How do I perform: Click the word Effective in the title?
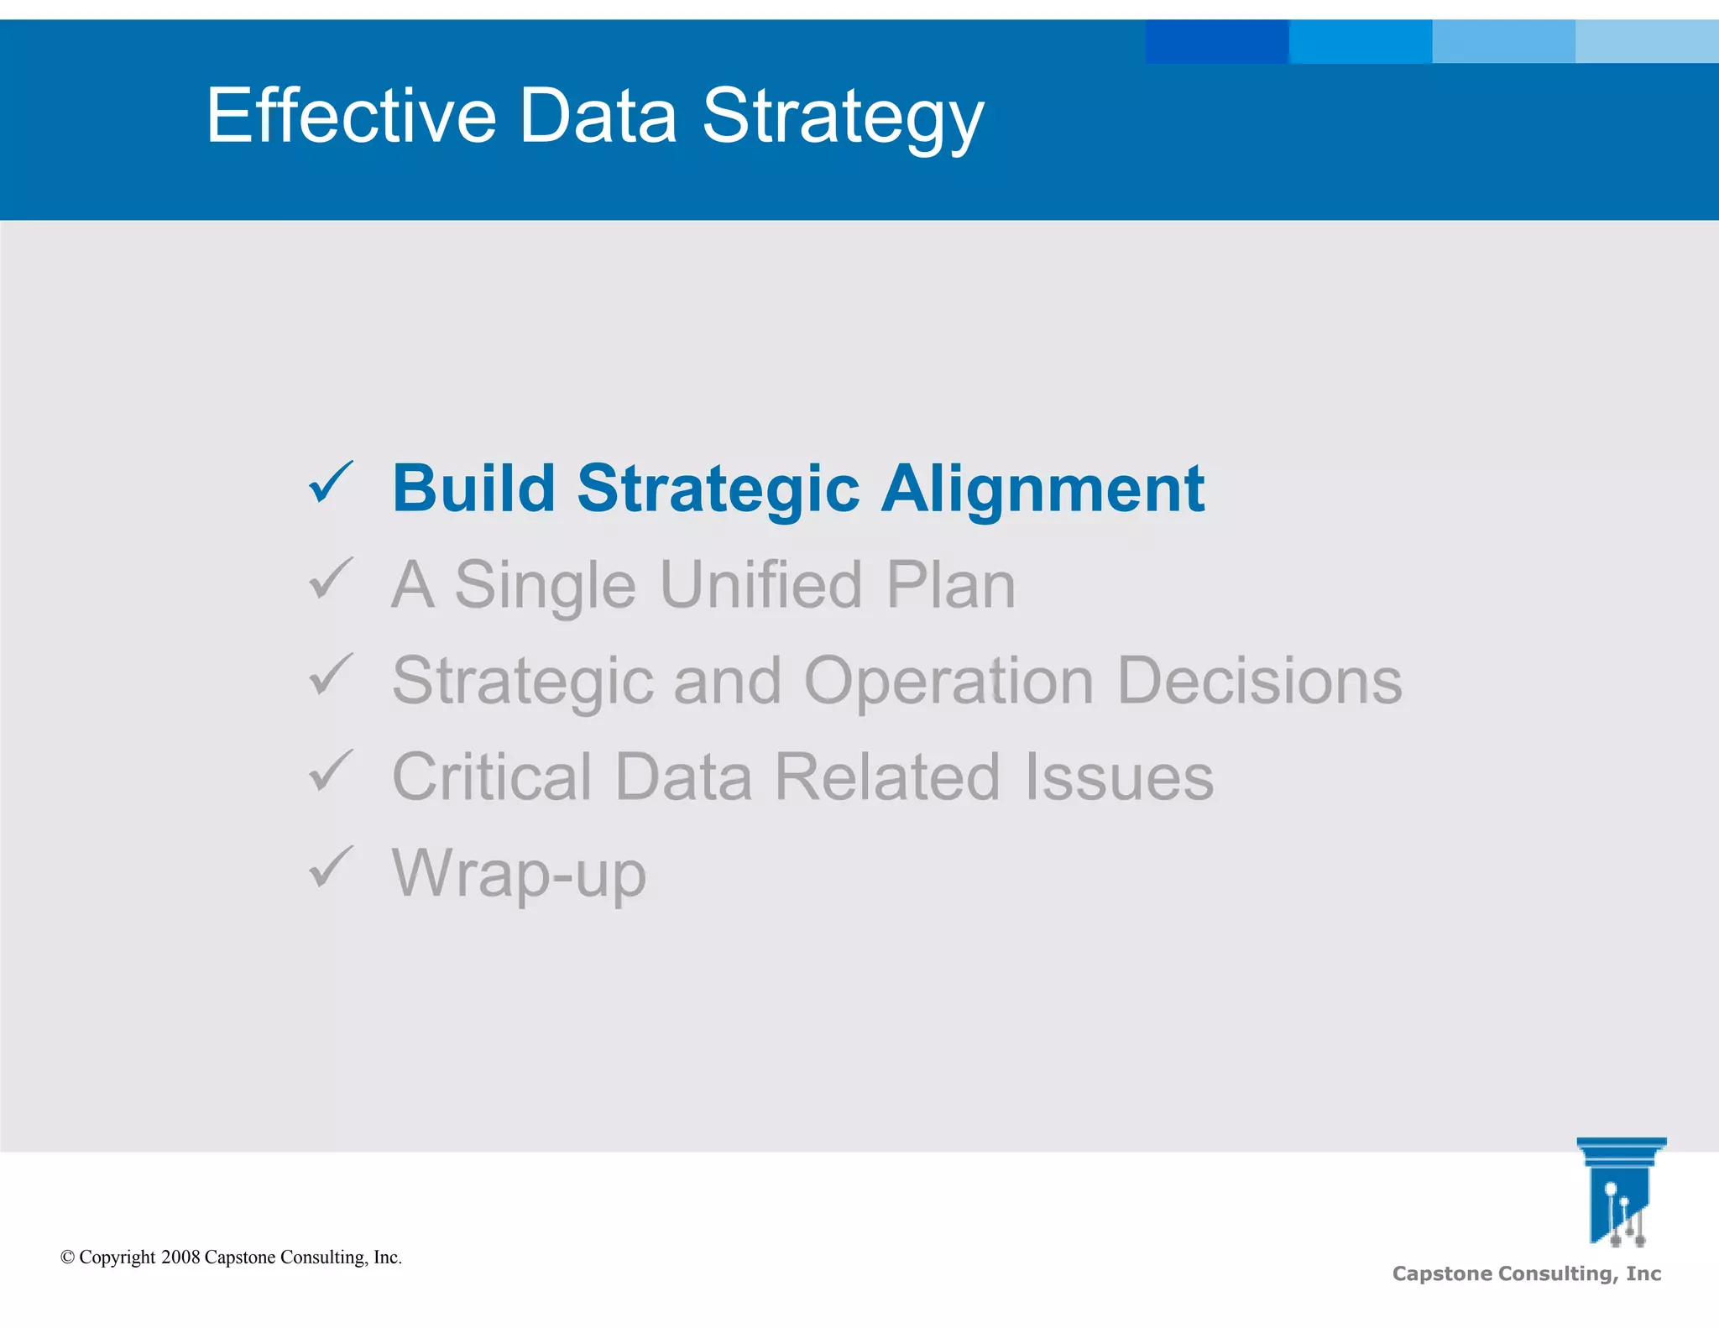(x=352, y=116)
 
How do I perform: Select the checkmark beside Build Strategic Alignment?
(x=331, y=483)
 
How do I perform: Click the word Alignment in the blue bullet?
(x=1042, y=489)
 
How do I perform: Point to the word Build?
(x=473, y=489)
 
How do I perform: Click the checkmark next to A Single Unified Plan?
(x=331, y=579)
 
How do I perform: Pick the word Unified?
(x=760, y=585)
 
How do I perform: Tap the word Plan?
(x=951, y=585)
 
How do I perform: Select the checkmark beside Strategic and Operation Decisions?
(x=331, y=675)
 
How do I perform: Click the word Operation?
(x=948, y=682)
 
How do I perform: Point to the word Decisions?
(x=1259, y=681)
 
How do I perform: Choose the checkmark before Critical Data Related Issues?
(x=331, y=771)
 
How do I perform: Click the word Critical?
(x=492, y=777)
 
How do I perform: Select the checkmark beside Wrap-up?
(x=331, y=867)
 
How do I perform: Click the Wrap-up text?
(x=519, y=874)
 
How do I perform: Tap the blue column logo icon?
(x=1620, y=1192)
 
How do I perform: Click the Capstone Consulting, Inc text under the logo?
(x=1526, y=1274)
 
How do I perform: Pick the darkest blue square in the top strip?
(x=1216, y=41)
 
